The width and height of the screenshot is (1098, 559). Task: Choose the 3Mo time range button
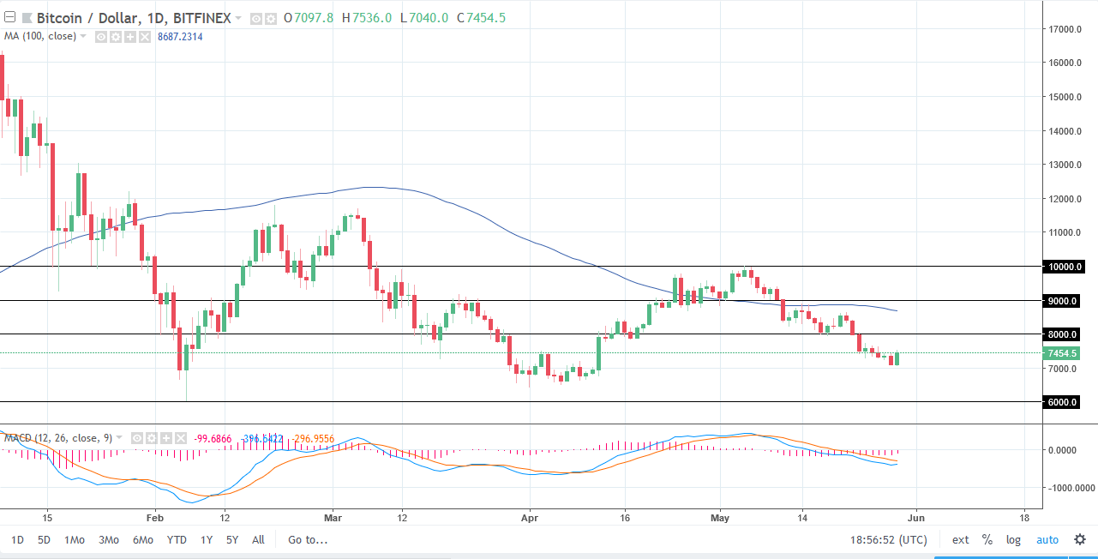click(x=108, y=540)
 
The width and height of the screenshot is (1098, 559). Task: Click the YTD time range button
click(x=177, y=540)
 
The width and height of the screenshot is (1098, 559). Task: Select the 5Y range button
click(x=232, y=540)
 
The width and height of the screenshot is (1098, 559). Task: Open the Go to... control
click(x=308, y=540)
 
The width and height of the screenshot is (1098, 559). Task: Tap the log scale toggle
click(x=1013, y=540)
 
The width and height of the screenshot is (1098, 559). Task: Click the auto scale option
click(x=1047, y=540)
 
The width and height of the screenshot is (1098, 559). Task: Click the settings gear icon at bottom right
click(x=1080, y=540)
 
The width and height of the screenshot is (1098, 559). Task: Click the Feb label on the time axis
click(x=154, y=518)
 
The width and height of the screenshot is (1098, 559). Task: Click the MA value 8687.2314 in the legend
click(x=187, y=36)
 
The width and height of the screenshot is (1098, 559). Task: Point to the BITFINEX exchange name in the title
click(x=202, y=17)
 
